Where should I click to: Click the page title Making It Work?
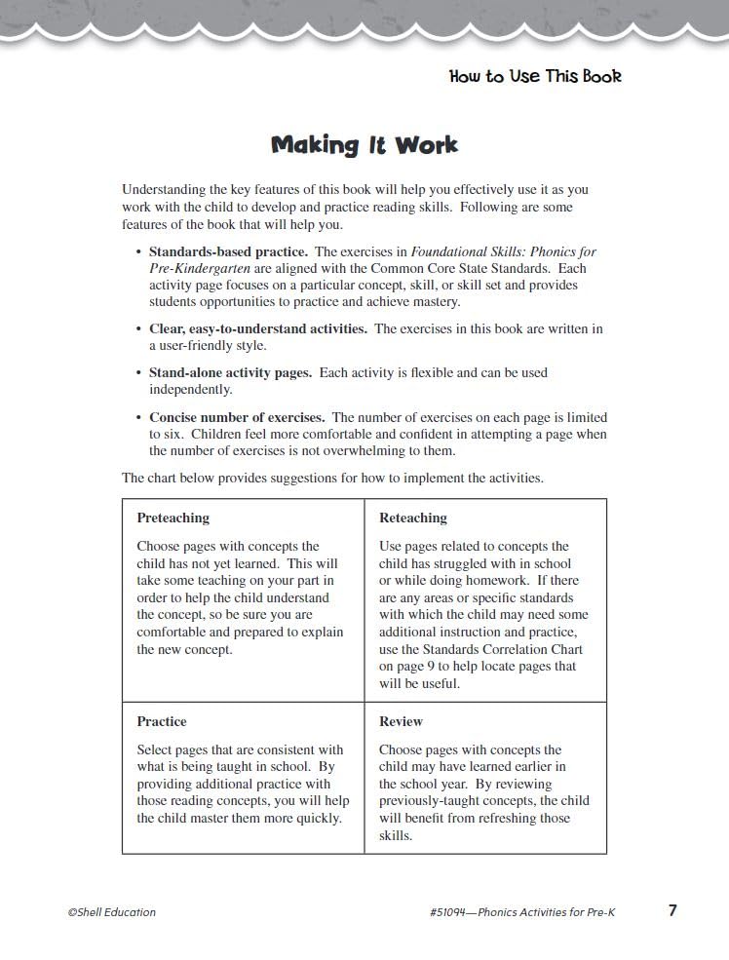[x=364, y=145]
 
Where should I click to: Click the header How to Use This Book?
[x=535, y=76]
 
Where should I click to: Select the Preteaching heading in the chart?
[x=173, y=518]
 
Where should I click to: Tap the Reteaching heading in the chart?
[x=412, y=518]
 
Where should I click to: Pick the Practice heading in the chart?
[x=161, y=721]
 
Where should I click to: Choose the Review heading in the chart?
[x=401, y=721]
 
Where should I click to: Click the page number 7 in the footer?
[x=672, y=910]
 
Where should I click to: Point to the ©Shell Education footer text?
[x=111, y=912]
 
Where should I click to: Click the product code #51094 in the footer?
[x=452, y=912]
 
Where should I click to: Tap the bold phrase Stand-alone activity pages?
[x=230, y=372]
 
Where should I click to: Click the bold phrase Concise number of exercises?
[x=237, y=417]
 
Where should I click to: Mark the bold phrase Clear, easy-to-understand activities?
[x=258, y=328]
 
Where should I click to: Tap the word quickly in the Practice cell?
[x=317, y=818]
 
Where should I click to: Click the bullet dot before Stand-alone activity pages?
[x=139, y=373]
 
